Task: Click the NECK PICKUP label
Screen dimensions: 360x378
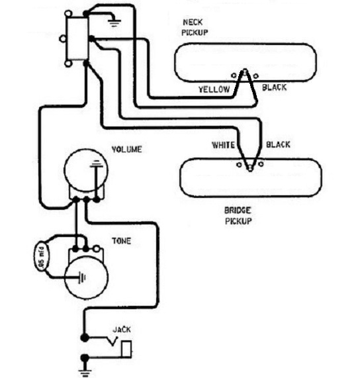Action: coord(195,28)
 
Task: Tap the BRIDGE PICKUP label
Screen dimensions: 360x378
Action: coord(238,216)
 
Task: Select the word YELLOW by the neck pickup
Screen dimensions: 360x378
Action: coord(214,89)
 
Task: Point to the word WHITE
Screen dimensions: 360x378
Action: coord(223,145)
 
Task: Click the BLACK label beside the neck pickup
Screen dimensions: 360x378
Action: coord(275,87)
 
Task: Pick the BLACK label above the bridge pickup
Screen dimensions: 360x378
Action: coord(278,144)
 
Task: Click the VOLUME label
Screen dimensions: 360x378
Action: coord(126,150)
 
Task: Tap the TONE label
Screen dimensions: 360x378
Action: coord(122,241)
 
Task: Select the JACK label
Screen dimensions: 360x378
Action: coord(122,330)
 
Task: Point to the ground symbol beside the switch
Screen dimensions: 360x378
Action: coord(114,23)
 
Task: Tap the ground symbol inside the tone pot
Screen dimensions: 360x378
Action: coord(82,277)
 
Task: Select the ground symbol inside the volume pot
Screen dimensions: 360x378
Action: coord(96,164)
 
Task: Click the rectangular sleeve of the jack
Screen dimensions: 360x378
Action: coord(126,349)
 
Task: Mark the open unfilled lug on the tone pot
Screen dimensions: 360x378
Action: coord(97,248)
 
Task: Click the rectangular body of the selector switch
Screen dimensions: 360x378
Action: coord(78,38)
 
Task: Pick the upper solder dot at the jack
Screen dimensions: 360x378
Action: coord(85,338)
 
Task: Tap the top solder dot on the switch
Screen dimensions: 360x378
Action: coord(86,14)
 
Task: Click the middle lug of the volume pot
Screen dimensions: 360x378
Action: coord(86,200)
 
